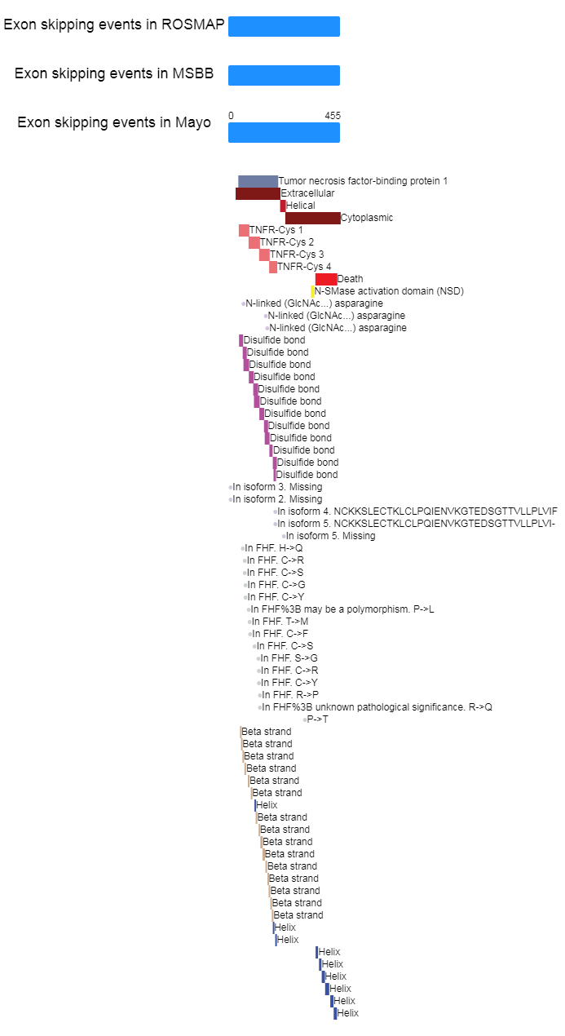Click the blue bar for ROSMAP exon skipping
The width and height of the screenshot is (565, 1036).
point(284,26)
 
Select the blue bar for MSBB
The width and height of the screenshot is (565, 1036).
point(284,75)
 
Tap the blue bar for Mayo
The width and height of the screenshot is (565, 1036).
point(284,132)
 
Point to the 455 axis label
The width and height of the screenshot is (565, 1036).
point(333,116)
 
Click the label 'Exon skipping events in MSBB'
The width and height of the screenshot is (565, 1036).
point(114,73)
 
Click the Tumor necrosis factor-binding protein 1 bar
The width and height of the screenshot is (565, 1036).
point(258,181)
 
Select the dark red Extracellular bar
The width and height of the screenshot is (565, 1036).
point(258,193)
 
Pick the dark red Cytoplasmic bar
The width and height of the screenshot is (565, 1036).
point(312,218)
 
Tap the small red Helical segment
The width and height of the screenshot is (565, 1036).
point(283,206)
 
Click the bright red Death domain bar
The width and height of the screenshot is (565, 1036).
point(326,279)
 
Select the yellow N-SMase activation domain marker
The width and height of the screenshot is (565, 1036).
point(312,291)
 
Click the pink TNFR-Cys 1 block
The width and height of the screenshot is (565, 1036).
point(244,230)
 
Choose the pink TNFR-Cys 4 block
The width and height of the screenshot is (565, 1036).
point(273,267)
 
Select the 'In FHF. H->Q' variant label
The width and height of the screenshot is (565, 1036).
point(273,548)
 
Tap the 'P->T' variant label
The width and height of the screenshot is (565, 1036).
point(317,719)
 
